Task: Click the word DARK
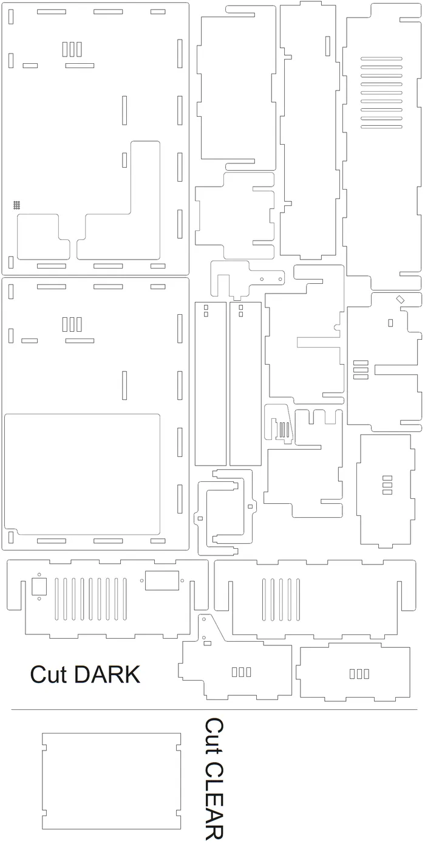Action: [107, 675]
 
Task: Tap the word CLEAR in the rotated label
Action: [214, 800]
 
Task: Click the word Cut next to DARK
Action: [50, 675]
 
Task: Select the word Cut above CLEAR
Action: [214, 736]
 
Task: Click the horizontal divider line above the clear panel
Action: [214, 709]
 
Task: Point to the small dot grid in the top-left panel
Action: [16, 205]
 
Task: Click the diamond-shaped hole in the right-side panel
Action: [400, 300]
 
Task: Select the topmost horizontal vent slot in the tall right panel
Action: [381, 58]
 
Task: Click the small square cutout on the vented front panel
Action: [39, 586]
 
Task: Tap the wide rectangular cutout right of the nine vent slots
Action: [162, 580]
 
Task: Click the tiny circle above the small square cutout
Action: [39, 574]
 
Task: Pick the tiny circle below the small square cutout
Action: [39, 599]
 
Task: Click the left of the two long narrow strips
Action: [211, 384]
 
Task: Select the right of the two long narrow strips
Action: [245, 384]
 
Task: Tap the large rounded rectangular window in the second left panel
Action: [82, 474]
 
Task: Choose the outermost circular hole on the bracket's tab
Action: [280, 279]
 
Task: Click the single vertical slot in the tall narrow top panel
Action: [328, 46]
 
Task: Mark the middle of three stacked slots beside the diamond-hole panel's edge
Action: [361, 369]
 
